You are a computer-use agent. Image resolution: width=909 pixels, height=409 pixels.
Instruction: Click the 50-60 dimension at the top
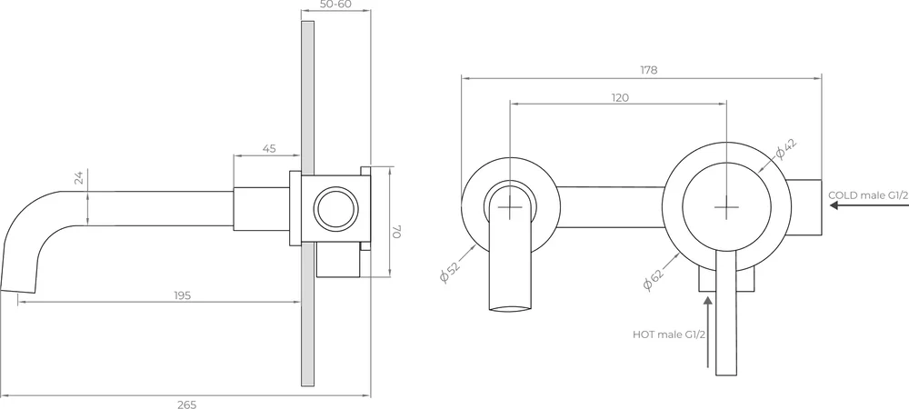coord(336,5)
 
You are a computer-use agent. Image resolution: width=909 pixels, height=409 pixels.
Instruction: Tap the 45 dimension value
coord(269,148)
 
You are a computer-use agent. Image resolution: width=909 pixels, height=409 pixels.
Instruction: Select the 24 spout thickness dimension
coord(79,179)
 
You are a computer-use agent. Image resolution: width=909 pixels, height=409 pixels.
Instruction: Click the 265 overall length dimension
coord(186,404)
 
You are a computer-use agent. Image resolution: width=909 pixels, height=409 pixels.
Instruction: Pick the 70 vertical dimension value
coord(395,233)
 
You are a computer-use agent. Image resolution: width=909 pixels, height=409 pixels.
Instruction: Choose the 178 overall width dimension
coord(648,70)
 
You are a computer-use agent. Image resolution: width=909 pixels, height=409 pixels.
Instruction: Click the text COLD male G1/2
coord(866,195)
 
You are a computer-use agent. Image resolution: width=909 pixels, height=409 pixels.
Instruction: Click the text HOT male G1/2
coord(668,334)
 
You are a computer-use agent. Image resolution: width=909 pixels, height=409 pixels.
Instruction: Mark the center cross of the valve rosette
coord(729,207)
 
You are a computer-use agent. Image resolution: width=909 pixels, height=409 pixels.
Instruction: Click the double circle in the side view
coord(335,208)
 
